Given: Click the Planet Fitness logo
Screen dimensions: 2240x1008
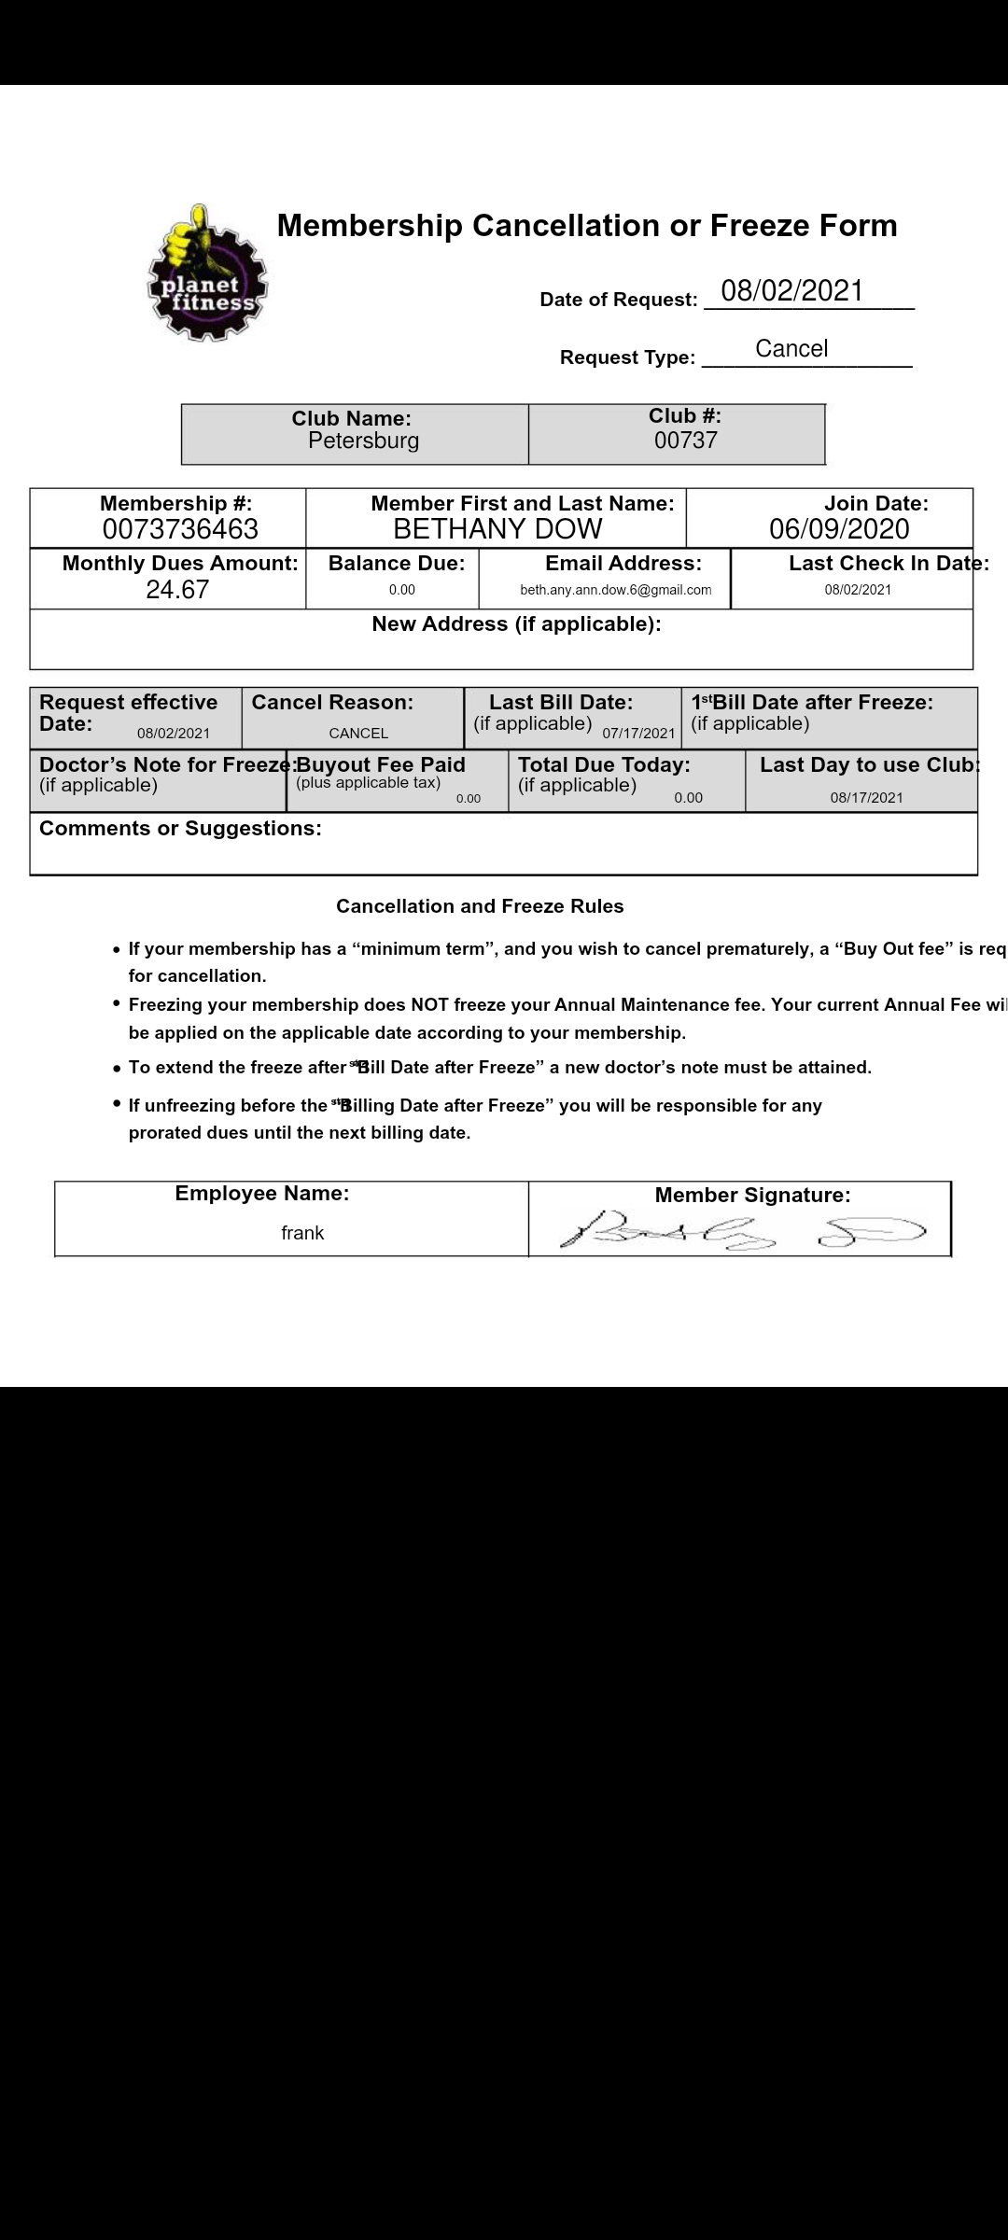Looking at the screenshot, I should tap(207, 273).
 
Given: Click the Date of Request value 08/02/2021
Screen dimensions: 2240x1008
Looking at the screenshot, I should tap(792, 291).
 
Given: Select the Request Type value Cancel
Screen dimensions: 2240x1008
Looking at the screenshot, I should tap(791, 349).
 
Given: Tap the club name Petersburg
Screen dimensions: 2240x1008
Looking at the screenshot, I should tap(363, 441).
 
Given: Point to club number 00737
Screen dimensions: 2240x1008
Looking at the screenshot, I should tap(685, 441).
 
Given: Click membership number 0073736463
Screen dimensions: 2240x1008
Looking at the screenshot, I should tap(180, 529).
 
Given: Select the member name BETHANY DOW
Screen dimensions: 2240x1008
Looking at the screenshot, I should tap(497, 529).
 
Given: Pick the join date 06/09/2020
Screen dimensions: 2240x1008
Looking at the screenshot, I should tap(838, 529).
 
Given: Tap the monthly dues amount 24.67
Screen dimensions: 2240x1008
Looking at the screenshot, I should tap(177, 590).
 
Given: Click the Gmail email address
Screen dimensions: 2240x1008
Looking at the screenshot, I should tap(615, 590).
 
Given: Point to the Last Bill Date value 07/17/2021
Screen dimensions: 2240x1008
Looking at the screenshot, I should tap(638, 734).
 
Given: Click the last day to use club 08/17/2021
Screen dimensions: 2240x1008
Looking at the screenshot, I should tap(866, 798).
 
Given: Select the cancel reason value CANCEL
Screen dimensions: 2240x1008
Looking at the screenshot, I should tap(358, 734).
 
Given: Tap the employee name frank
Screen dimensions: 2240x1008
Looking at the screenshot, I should tap(302, 1233).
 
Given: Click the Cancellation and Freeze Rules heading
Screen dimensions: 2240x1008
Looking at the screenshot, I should tap(480, 906).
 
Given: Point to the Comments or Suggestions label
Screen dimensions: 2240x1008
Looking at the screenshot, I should tap(180, 829).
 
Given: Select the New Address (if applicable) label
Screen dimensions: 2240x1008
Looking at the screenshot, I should tap(516, 624).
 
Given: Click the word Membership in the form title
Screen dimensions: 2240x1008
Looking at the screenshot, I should tap(370, 226).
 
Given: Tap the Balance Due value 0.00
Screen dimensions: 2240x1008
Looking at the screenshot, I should tap(401, 590).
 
